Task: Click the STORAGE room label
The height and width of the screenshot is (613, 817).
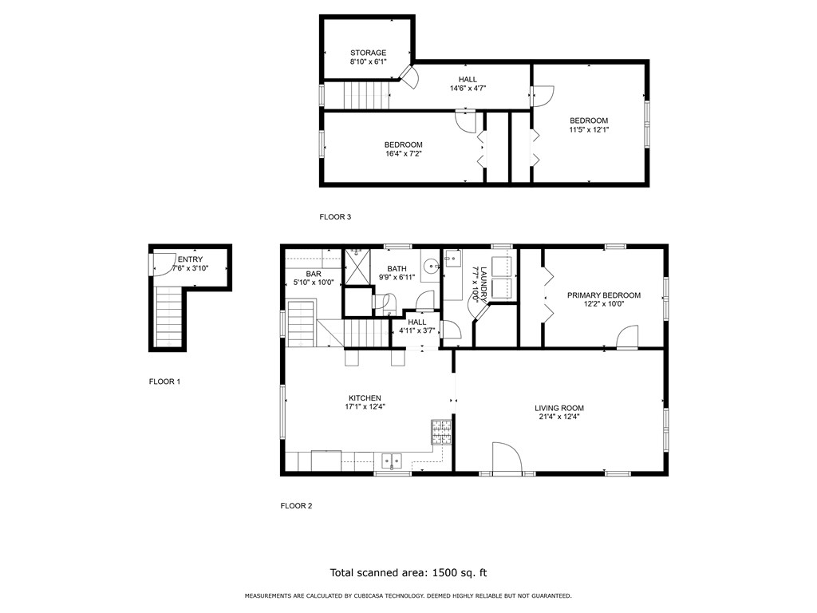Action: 368,53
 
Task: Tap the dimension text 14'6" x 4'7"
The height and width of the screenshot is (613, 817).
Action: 468,89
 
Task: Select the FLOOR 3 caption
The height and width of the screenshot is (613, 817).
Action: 335,217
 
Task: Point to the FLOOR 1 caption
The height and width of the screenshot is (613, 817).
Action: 164,382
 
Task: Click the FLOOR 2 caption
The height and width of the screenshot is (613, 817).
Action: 296,505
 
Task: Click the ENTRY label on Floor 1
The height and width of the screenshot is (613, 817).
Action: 190,259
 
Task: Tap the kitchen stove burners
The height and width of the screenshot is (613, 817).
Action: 441,432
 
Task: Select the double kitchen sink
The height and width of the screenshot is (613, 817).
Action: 392,461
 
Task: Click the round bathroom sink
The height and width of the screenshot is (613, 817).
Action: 430,267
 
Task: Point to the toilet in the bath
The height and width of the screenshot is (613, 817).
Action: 385,303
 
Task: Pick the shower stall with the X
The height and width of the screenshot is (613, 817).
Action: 357,267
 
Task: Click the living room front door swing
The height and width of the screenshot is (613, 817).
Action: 507,458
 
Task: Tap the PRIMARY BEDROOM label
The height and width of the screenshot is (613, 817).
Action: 604,295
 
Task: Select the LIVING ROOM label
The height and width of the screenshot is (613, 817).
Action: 559,408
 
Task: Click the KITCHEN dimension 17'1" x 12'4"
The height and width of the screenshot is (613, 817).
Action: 365,406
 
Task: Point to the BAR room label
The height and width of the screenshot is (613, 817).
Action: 314,274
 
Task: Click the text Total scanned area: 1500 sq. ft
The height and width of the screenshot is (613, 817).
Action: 408,573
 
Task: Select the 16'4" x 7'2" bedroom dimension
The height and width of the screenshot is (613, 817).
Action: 403,154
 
